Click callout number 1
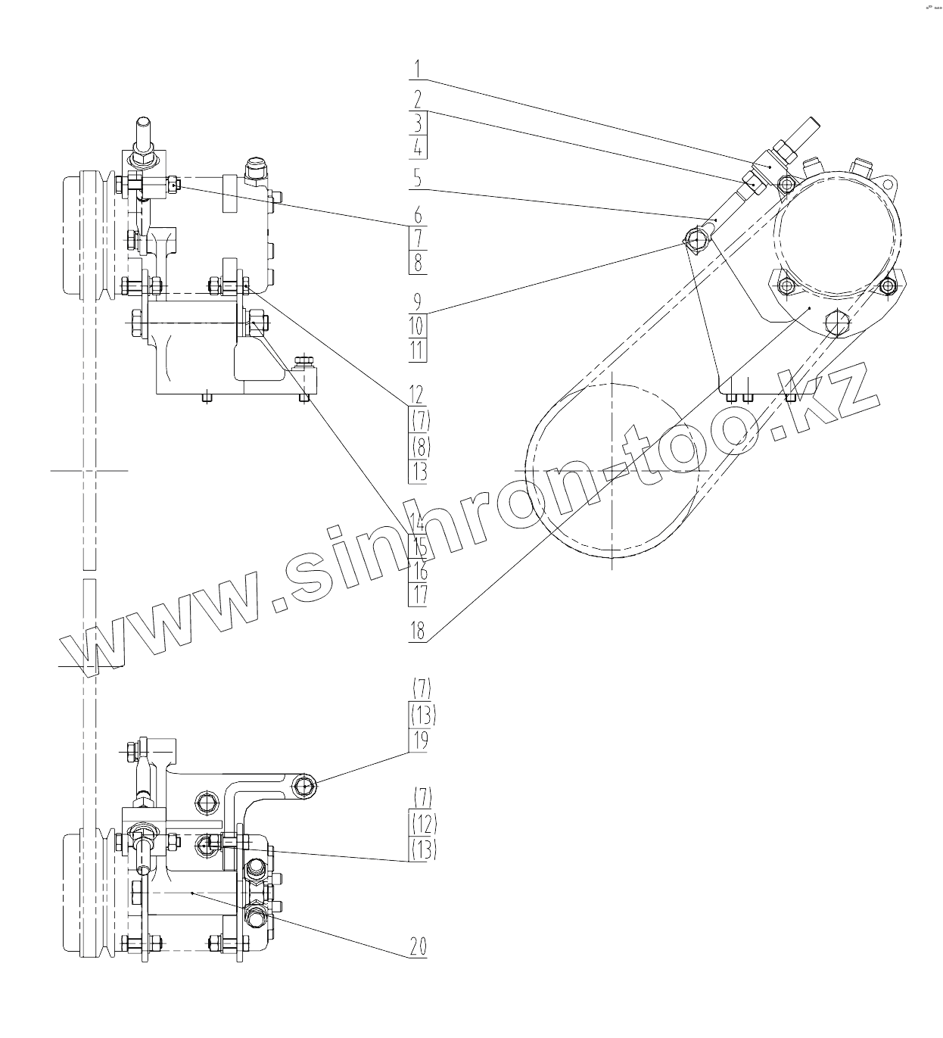pyautogui.click(x=418, y=70)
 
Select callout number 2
pyautogui.click(x=418, y=99)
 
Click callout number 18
pyautogui.click(x=418, y=631)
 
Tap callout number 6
pyautogui.click(x=418, y=216)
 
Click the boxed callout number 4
pyautogui.click(x=418, y=147)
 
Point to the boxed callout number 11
pyautogui.click(x=418, y=351)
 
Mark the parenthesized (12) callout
pyautogui.click(x=423, y=823)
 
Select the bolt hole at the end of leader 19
pyautogui.click(x=305, y=787)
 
